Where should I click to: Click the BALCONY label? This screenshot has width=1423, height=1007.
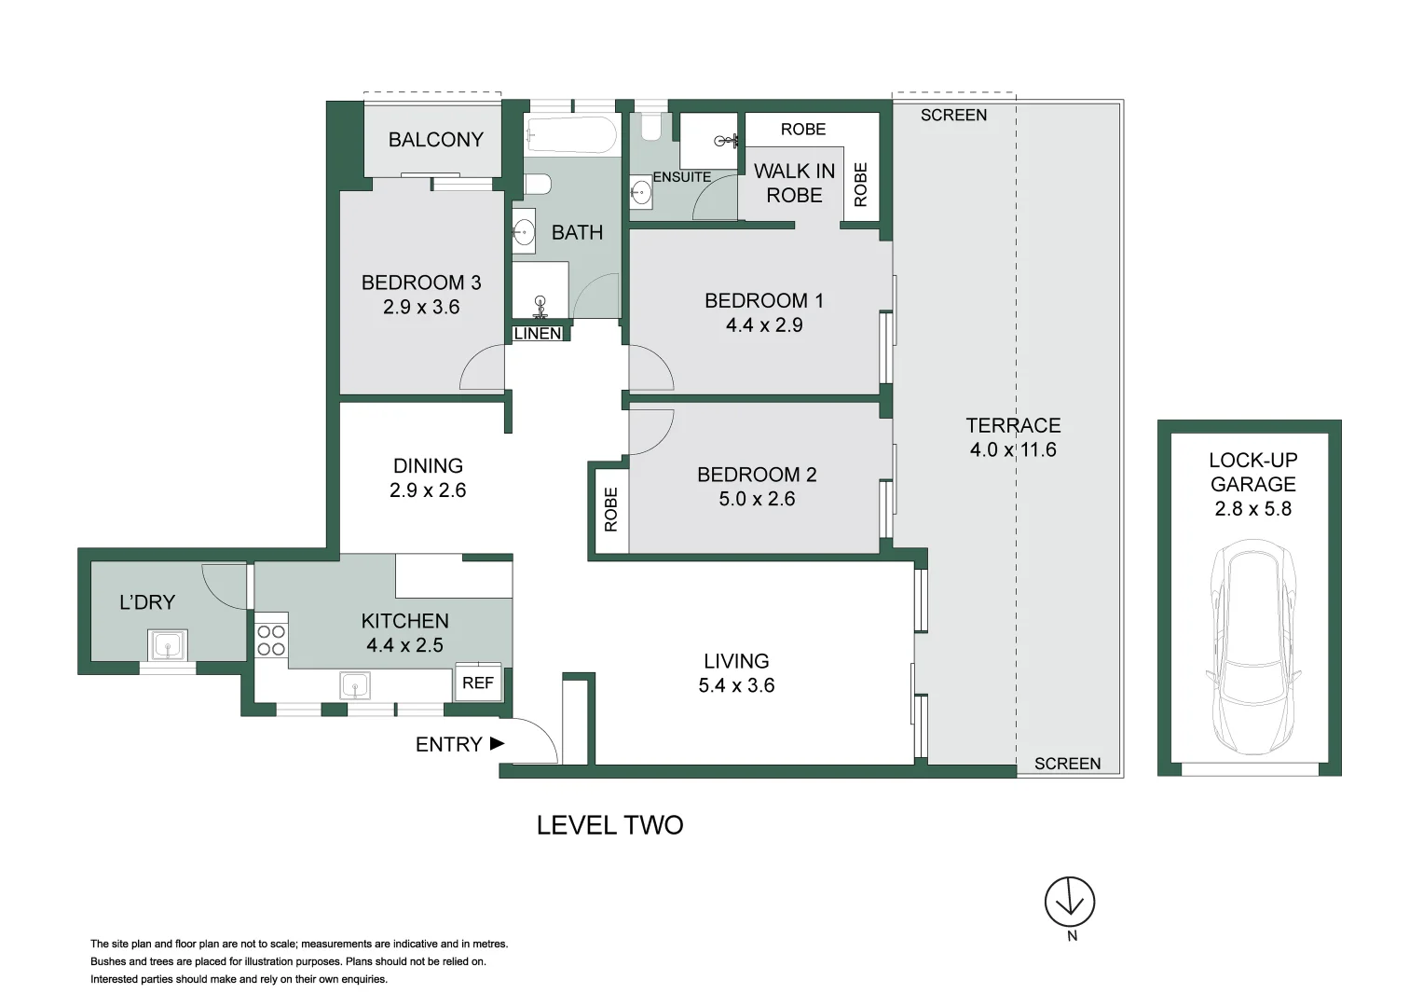coord(435,140)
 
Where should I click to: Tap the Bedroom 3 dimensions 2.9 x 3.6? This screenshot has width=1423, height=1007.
coord(421,307)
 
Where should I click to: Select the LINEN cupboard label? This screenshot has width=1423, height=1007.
coord(538,334)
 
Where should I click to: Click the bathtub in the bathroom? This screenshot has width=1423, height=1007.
coord(570,135)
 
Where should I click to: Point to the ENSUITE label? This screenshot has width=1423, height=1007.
coord(681,177)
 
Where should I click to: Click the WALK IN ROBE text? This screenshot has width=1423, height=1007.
coord(794,183)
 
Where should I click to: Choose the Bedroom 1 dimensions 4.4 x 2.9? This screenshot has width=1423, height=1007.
coord(763,325)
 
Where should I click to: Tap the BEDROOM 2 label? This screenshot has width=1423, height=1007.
coord(757,475)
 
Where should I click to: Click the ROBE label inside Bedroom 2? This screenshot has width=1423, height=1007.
coord(611,509)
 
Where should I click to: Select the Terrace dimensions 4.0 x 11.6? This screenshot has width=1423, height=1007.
coord(1013,450)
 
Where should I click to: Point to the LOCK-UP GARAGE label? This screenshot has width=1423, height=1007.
coord(1252,472)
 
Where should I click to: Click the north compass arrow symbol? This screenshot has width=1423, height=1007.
coord(1069,902)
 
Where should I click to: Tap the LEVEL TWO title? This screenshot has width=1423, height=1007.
coord(609,825)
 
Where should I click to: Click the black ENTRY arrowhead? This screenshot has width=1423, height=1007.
coord(497,743)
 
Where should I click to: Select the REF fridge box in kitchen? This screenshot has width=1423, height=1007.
coord(478,683)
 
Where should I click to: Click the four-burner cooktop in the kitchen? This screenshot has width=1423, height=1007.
coord(271,640)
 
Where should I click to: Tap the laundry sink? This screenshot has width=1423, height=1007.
coord(168,645)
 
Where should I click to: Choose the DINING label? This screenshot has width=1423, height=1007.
coord(428,466)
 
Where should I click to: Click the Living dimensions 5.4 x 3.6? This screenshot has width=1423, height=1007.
coord(736,685)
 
